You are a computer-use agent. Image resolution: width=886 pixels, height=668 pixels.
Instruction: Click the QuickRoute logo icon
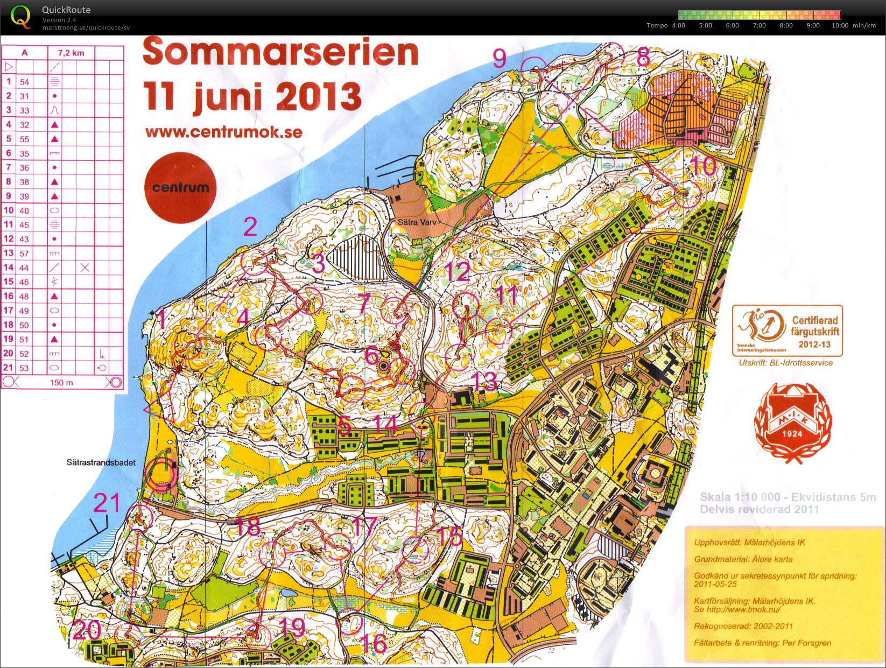21,16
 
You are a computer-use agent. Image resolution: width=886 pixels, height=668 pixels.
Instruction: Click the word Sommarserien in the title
280,53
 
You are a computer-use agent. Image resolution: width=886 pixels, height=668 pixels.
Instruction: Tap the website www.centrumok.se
223,132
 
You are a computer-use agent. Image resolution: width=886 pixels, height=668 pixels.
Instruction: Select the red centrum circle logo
180,188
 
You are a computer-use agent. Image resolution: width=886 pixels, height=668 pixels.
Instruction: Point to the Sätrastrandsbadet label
101,462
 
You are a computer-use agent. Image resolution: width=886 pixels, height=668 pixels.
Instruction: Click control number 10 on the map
702,166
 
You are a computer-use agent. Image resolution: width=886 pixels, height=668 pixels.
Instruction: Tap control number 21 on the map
107,504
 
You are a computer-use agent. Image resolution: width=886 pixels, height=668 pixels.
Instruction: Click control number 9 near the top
500,58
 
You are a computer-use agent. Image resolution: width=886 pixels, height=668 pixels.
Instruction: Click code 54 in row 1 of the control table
24,82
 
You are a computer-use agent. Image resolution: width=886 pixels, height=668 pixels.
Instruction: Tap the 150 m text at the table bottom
61,383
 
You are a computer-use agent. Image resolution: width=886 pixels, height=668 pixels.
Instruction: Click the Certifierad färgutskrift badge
787,331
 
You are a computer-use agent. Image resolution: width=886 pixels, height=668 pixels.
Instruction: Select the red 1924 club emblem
793,423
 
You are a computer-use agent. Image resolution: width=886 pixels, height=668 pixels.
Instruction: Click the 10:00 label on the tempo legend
840,25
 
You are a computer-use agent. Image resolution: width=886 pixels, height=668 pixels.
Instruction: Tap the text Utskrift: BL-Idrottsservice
785,363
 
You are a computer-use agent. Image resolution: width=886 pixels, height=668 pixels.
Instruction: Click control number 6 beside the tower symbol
371,355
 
